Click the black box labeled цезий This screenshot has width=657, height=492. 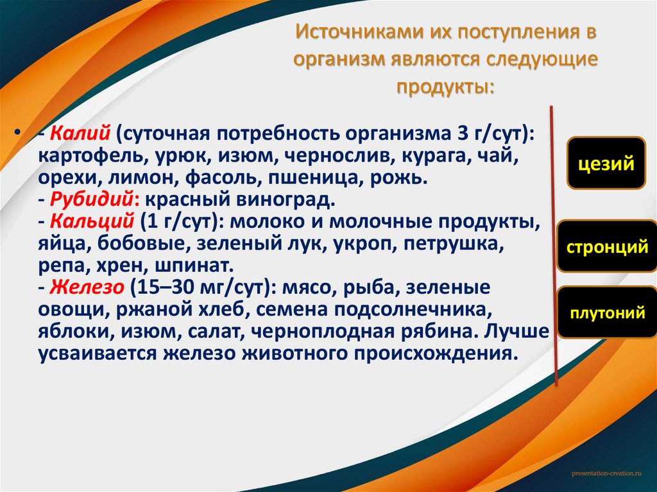point(606,163)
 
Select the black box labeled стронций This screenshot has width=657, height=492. point(606,247)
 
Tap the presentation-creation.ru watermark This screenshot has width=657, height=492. point(606,473)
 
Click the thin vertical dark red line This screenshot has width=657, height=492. point(554,244)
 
